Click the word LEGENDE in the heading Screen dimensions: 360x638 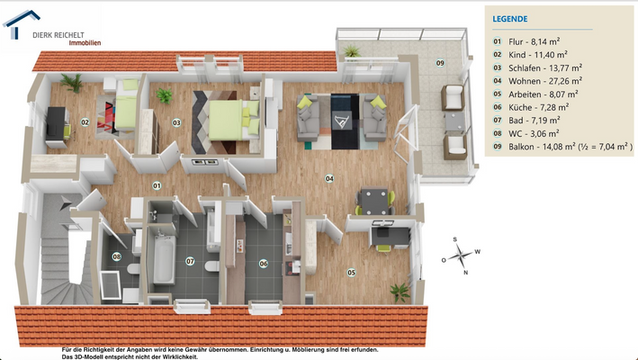(x=510, y=18)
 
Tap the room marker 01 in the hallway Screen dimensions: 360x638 (x=156, y=185)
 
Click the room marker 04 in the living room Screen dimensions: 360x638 (x=329, y=179)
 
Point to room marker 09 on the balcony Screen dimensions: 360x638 (x=440, y=62)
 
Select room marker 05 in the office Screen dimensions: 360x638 (x=351, y=272)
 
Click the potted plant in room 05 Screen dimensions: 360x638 (x=397, y=291)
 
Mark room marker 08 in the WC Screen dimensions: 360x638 (x=117, y=256)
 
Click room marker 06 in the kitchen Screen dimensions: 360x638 (x=264, y=263)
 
